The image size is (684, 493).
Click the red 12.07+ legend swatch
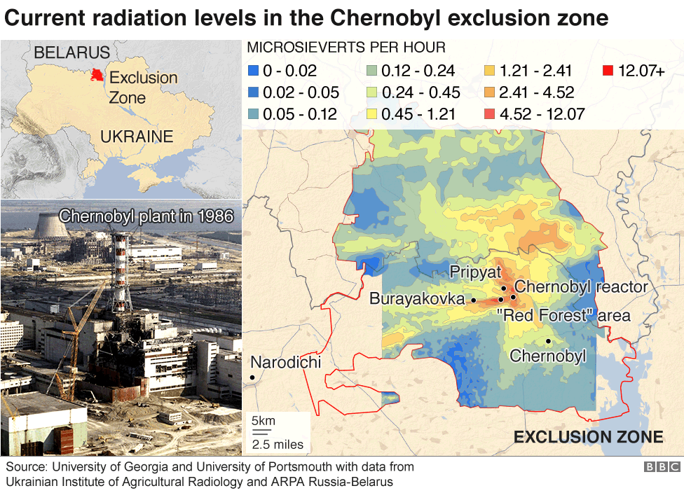(608, 71)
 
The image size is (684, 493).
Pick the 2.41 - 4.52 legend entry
(490, 92)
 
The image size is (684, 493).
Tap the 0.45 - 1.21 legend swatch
(373, 114)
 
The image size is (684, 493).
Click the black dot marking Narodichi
(252, 377)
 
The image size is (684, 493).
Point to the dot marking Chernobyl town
(548, 341)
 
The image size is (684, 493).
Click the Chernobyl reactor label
(581, 286)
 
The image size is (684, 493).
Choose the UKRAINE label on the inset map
(137, 137)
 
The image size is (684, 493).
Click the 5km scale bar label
(264, 421)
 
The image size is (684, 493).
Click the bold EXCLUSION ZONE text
(588, 438)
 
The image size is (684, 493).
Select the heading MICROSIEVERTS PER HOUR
(347, 48)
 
